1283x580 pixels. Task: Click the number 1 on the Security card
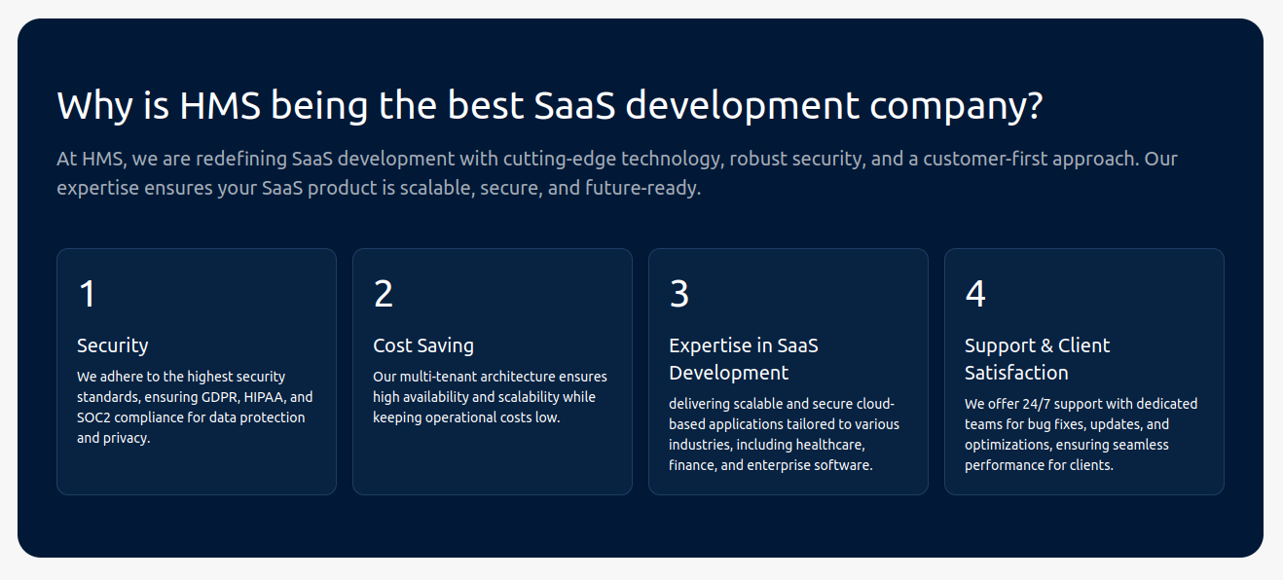pyautogui.click(x=88, y=294)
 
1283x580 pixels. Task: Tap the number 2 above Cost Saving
pyautogui.click(x=384, y=294)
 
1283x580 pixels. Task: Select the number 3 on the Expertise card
pyautogui.click(x=679, y=294)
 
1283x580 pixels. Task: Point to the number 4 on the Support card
pyautogui.click(x=975, y=294)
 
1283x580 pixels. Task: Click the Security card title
pyautogui.click(x=113, y=345)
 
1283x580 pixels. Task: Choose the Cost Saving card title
pyautogui.click(x=423, y=345)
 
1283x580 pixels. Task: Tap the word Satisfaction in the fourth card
pyautogui.click(x=1016, y=374)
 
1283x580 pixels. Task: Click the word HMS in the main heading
pyautogui.click(x=220, y=106)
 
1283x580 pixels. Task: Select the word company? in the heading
pyautogui.click(x=956, y=107)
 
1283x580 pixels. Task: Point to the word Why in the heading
pyautogui.click(x=95, y=107)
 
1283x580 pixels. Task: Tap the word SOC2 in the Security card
pyautogui.click(x=93, y=417)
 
